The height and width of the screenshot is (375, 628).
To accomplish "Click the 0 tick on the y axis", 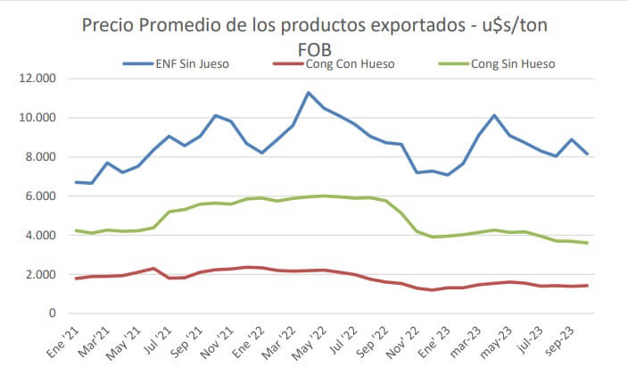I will coord(53,313).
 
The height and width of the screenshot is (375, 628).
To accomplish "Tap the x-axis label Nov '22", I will coord(404,340).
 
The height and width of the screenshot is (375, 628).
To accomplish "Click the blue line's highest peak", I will coord(309,93).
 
